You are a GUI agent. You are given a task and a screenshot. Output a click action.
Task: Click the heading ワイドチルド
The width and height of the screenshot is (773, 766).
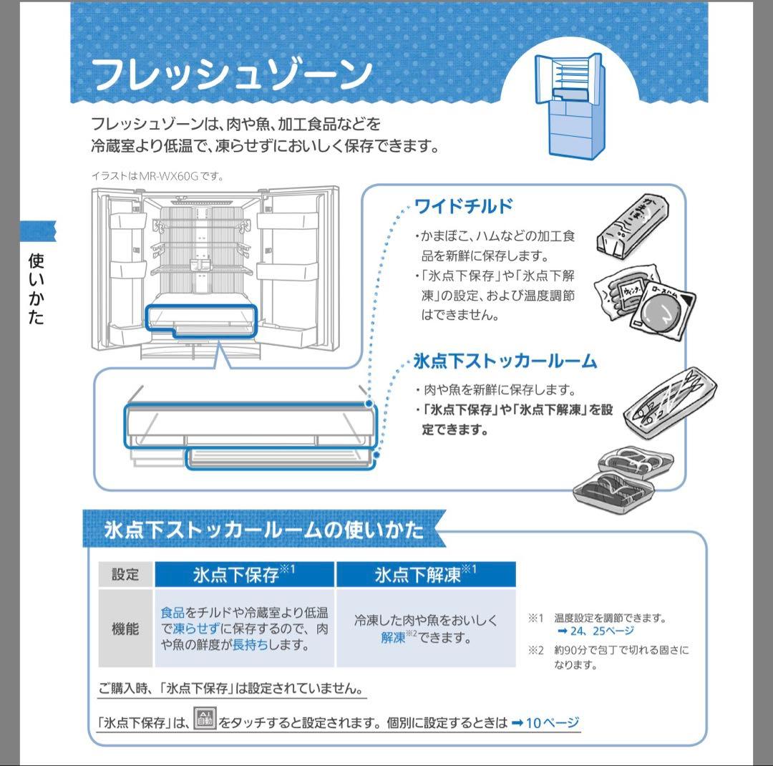click(x=464, y=207)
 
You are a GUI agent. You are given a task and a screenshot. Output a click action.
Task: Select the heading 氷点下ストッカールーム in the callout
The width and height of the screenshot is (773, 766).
click(x=505, y=361)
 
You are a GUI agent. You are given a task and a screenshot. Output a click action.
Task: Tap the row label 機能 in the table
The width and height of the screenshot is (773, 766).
click(x=125, y=629)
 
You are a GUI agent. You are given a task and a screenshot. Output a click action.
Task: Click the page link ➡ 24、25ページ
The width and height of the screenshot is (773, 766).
click(x=595, y=631)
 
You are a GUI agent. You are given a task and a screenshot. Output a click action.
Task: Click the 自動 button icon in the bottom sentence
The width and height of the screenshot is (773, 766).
click(x=205, y=721)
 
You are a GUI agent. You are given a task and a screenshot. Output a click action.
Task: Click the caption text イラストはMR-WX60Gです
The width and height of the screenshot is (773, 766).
click(x=157, y=175)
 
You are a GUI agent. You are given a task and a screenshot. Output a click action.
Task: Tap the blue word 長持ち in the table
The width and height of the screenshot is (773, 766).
click(x=248, y=645)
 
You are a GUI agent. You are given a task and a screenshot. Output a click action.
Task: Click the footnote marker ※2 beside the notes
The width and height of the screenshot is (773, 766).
click(x=536, y=650)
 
